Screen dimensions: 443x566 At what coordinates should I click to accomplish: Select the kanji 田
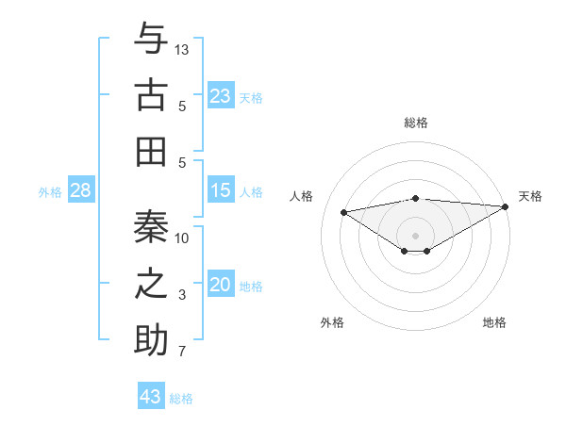tap(151, 150)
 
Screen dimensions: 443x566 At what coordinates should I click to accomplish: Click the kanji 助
tap(151, 338)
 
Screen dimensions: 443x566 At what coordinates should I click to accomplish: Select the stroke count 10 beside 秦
tap(182, 238)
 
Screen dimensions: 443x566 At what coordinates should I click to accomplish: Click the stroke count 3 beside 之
tap(182, 295)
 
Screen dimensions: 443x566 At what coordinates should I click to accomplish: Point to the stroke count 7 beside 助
tap(182, 352)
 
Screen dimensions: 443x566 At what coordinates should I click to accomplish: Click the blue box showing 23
tap(221, 96)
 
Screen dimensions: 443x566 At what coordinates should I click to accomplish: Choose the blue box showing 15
tap(221, 191)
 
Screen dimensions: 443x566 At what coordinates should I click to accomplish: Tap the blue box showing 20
tap(221, 286)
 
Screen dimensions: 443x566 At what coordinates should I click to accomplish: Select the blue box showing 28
tap(81, 191)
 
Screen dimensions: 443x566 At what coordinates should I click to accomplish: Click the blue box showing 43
tap(151, 397)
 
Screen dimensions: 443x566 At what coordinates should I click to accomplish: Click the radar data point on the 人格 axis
tap(344, 211)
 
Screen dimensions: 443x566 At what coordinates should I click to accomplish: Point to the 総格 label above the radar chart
tap(415, 123)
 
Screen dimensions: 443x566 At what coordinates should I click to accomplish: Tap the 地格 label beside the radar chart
tap(494, 322)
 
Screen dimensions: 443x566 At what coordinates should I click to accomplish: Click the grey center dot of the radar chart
tap(415, 235)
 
